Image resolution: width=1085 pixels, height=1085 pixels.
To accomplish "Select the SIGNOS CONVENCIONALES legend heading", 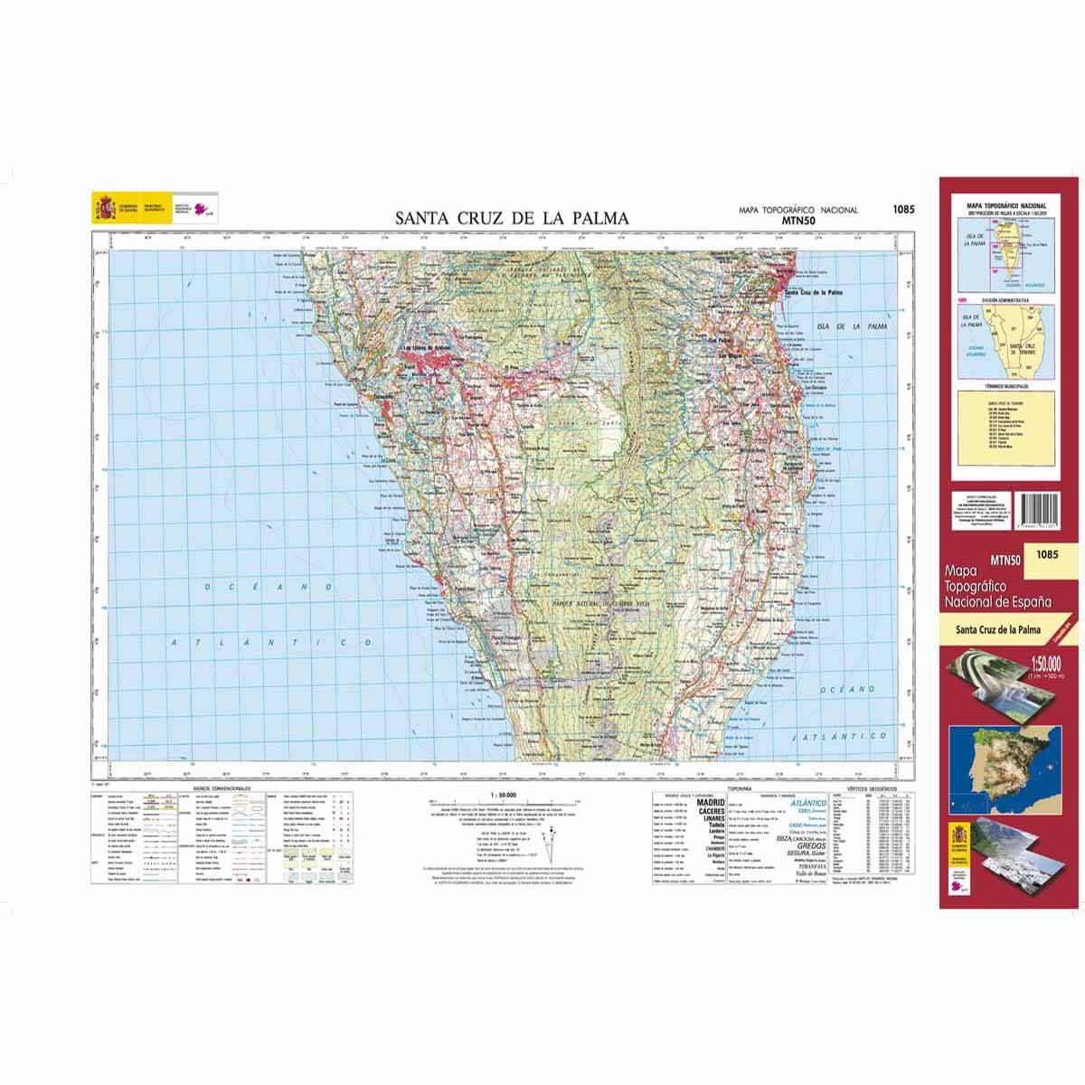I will coord(222,788).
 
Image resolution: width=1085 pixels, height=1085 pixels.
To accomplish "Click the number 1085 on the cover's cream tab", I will coord(1048,554).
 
